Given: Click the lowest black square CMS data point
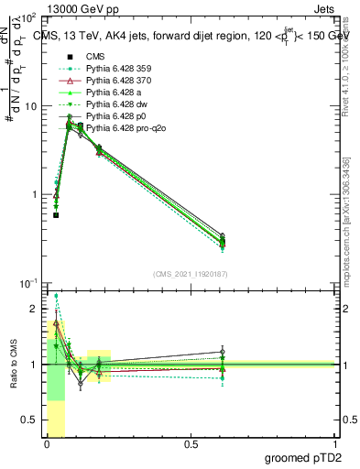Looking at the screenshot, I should pyautogui.click(x=56, y=215).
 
